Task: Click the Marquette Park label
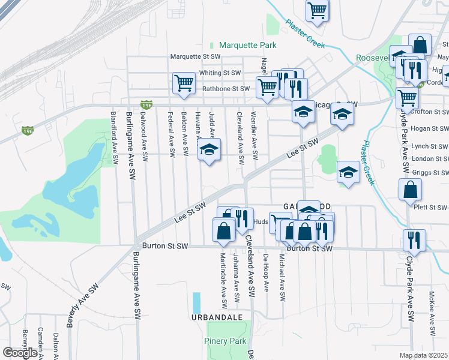247,45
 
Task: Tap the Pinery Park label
226,341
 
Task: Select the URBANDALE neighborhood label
217,316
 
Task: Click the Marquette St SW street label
196,57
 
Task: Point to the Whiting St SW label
220,73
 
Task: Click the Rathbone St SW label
226,89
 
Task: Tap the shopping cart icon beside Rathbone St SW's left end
184,83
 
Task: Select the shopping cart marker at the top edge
317,10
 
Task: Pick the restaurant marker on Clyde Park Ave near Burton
414,239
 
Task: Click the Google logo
20,353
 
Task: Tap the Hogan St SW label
430,128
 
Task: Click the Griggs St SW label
430,172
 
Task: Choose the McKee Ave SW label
432,322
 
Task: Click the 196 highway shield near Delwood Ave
144,104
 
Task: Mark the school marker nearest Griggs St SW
348,173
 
